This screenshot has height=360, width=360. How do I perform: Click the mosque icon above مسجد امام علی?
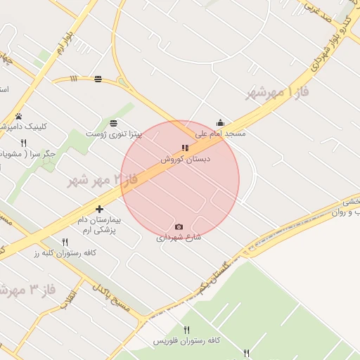click(x=220, y=122)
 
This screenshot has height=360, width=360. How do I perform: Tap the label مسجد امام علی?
click(x=220, y=133)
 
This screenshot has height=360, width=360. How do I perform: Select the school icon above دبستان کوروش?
click(x=184, y=148)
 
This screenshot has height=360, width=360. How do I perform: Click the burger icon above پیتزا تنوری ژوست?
click(x=113, y=123)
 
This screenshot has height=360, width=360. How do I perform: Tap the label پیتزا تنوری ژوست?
click(x=114, y=134)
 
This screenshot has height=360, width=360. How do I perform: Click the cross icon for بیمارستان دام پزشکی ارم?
click(x=99, y=209)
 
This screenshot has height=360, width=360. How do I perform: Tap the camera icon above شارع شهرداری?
click(x=179, y=226)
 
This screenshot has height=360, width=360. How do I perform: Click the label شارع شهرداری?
click(x=179, y=238)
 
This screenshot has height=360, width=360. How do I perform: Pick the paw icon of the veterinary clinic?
click(x=18, y=117)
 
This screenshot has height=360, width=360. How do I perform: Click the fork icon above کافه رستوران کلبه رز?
click(x=65, y=242)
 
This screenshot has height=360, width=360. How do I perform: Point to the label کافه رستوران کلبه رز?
click(x=65, y=252)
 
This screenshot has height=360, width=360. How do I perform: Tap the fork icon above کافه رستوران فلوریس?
click(x=186, y=330)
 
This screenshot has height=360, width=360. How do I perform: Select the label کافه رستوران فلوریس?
click(x=186, y=341)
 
